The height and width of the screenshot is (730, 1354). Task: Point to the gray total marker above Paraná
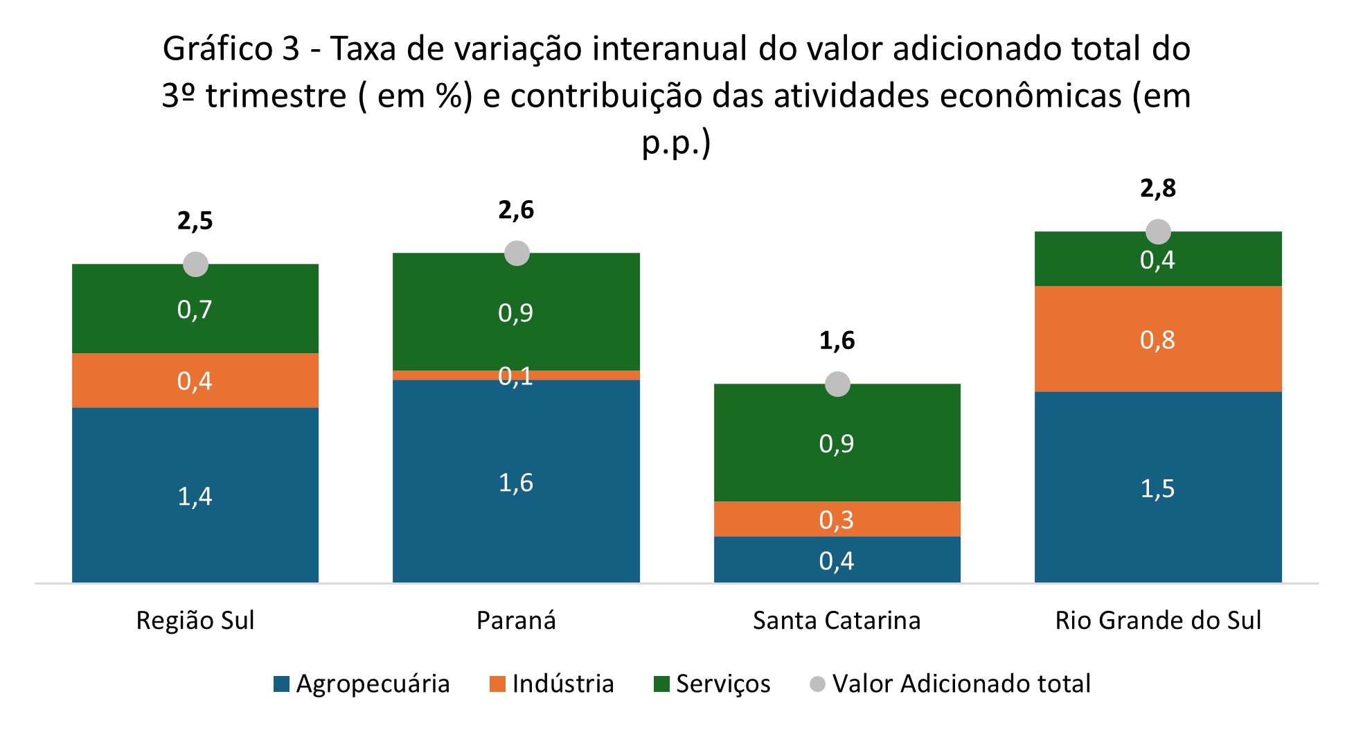click(517, 253)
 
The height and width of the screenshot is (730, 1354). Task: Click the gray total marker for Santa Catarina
click(837, 384)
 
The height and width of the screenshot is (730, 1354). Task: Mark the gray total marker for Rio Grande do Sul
click(1158, 231)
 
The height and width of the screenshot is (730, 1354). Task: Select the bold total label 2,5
click(195, 221)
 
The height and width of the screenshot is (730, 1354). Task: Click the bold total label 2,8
click(1158, 188)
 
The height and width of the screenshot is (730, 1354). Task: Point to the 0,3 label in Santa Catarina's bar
click(837, 519)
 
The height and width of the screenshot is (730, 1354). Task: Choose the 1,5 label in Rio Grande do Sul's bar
click(1157, 489)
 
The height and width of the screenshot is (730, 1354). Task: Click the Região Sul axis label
click(195, 621)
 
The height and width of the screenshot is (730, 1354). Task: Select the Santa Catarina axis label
click(837, 621)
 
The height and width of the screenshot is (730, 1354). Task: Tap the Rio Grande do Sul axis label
click(1158, 621)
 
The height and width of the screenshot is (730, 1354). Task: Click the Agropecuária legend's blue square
click(281, 684)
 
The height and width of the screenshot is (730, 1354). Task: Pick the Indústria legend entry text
click(563, 684)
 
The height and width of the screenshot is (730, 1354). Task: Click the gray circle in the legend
click(818, 684)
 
